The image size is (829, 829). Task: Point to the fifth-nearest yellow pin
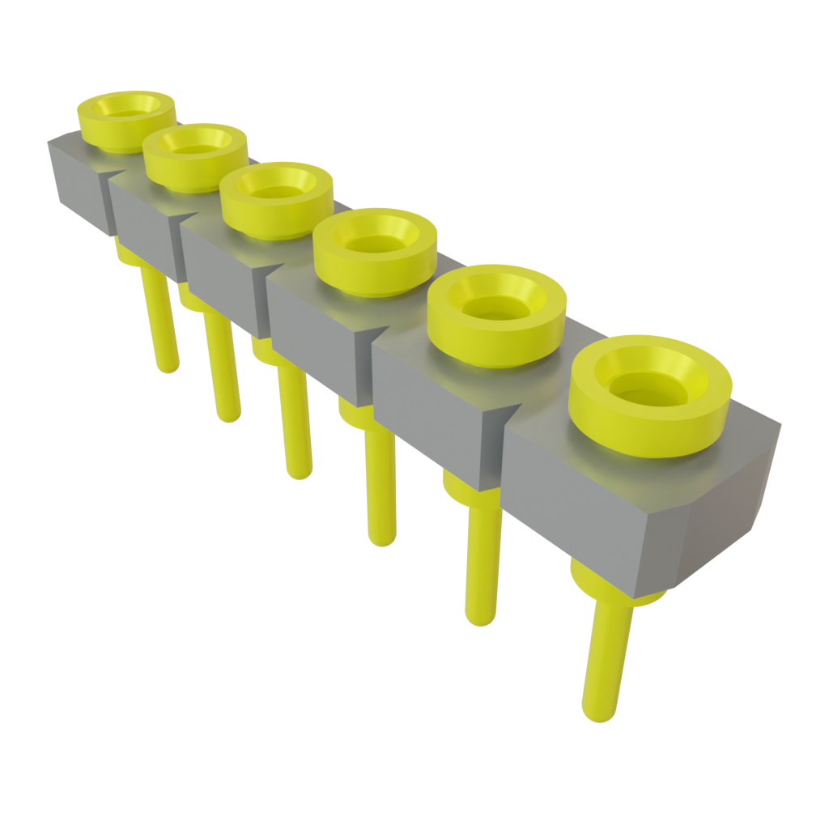click(x=223, y=372)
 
